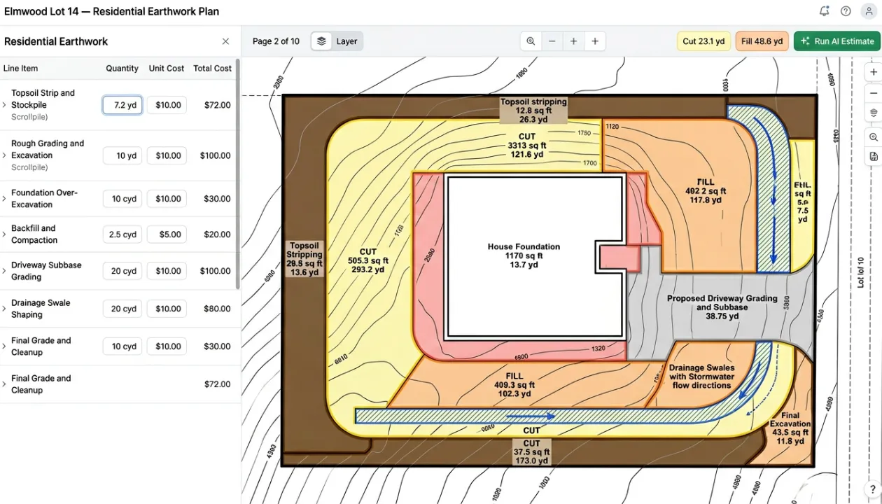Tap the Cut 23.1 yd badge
pyautogui.click(x=703, y=41)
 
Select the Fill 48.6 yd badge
pyautogui.click(x=762, y=41)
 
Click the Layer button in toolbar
pyautogui.click(x=337, y=41)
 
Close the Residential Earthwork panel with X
pyautogui.click(x=225, y=41)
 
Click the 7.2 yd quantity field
pyautogui.click(x=122, y=105)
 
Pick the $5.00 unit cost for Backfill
pyautogui.click(x=167, y=234)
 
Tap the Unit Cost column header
pyautogui.click(x=167, y=69)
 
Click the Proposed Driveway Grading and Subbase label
pyautogui.click(x=722, y=307)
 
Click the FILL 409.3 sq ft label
pyautogui.click(x=514, y=384)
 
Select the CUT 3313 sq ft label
pyautogui.click(x=527, y=146)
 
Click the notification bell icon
pyautogui.click(x=824, y=11)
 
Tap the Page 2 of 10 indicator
pyautogui.click(x=276, y=41)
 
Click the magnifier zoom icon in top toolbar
pyautogui.click(x=531, y=41)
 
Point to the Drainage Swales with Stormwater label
pyautogui.click(x=701, y=377)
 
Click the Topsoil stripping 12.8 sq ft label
pyautogui.click(x=533, y=111)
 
